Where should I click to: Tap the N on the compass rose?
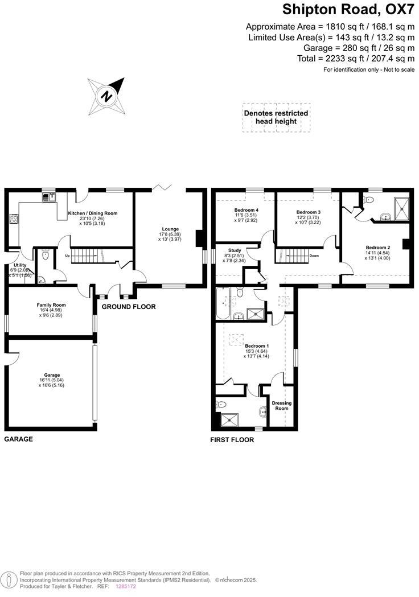click(x=106, y=96)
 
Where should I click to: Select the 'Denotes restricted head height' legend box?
click(x=276, y=117)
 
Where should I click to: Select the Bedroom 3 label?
click(x=308, y=212)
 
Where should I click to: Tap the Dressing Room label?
click(x=281, y=405)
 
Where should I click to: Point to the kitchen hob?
click(x=13, y=219)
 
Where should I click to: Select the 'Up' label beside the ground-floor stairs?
click(x=67, y=256)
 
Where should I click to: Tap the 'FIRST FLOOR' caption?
click(x=232, y=440)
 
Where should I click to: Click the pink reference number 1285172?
click(x=125, y=586)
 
